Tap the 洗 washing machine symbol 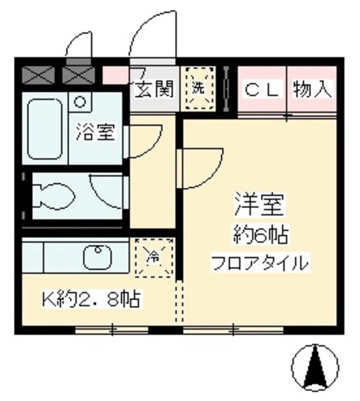198,88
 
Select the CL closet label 261,89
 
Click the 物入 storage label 312,89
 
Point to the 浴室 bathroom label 96,132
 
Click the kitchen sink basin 98,256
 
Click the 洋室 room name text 260,203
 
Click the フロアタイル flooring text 261,263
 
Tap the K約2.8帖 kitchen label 90,299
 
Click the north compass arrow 314,367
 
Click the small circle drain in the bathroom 80,100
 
